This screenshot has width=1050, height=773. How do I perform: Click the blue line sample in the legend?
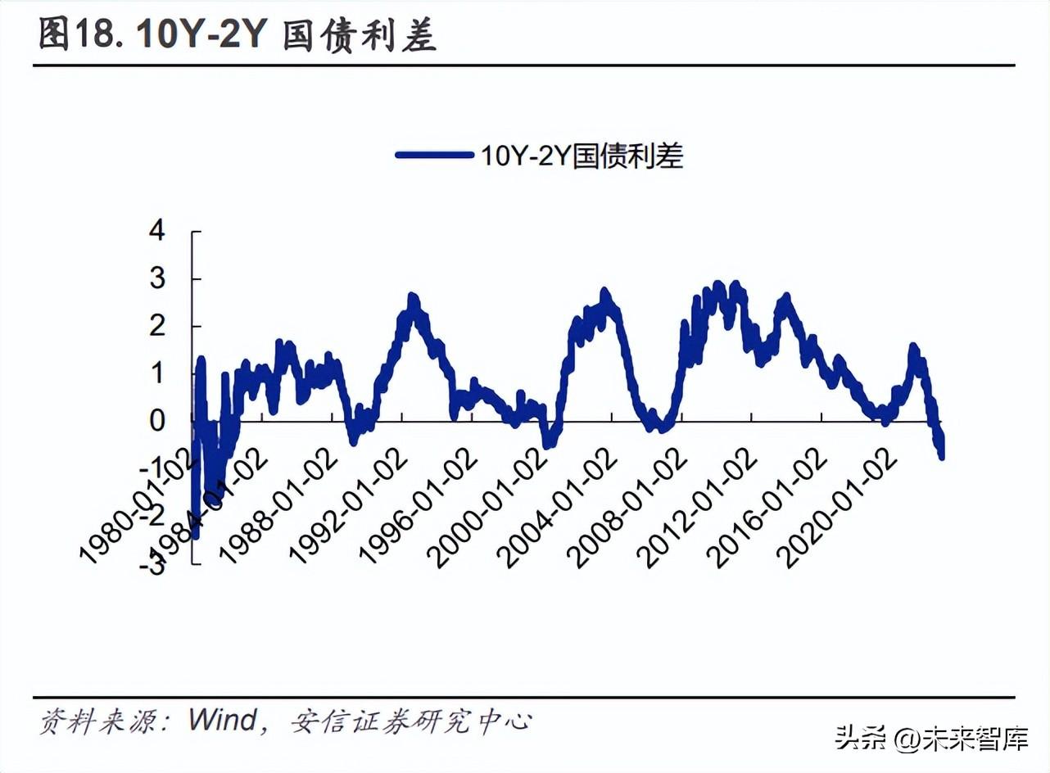[433, 155]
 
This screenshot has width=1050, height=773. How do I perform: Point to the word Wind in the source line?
[222, 721]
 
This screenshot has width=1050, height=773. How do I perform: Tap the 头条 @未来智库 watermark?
[931, 740]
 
